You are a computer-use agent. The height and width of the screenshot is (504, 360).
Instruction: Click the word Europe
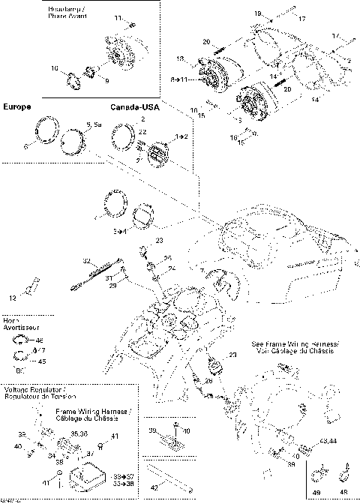(x=16, y=108)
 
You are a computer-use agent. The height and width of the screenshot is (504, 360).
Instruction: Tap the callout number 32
(x=86, y=260)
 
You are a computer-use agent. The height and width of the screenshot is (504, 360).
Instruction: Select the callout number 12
(x=13, y=298)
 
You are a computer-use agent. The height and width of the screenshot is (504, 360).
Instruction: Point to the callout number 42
(x=154, y=487)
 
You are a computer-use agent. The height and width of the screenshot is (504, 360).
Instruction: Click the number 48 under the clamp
(x=343, y=491)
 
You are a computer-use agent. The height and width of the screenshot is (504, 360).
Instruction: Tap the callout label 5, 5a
(x=94, y=123)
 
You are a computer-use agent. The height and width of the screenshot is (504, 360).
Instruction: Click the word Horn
(x=10, y=320)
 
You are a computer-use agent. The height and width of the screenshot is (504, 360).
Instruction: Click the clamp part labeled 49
(x=319, y=473)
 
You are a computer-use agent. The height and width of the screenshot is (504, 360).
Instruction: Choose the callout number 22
(x=142, y=132)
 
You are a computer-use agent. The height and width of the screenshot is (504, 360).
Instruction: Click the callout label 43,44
(x=327, y=442)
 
